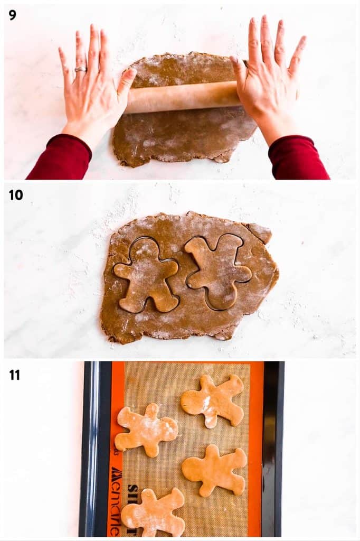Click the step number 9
13,15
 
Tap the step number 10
16,195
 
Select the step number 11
15,375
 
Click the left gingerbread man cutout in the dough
147,275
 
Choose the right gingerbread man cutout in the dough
217,269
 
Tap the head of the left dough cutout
143,248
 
